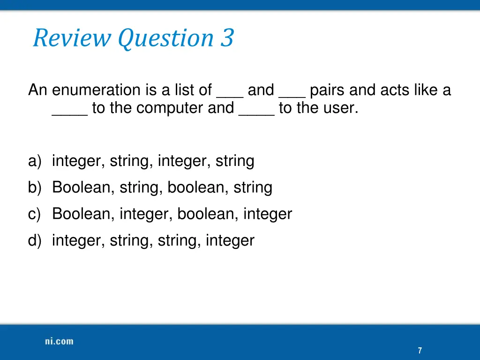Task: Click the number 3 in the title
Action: coord(227,38)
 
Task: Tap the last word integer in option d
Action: coord(230,241)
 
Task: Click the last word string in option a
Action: coord(235,161)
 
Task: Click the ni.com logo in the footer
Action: coord(59,341)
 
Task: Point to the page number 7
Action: coord(420,351)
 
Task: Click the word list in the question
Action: coord(185,90)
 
